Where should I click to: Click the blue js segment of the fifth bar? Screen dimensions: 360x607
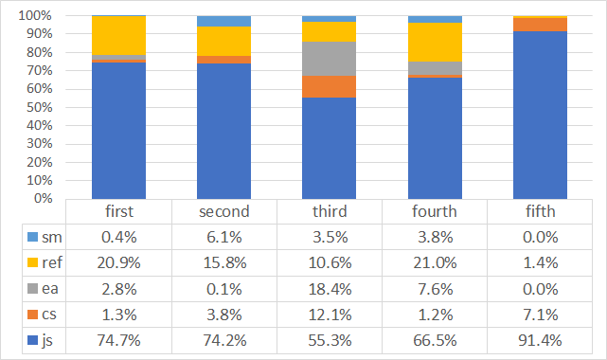coord(541,115)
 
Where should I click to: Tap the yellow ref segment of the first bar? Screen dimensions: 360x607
coord(118,36)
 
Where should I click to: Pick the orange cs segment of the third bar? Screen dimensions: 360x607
coord(330,86)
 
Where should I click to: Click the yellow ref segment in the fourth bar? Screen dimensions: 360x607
coord(435,42)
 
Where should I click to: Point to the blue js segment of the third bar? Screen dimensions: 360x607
coord(330,148)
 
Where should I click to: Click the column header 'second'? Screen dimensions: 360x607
coord(223,210)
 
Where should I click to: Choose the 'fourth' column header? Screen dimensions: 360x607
coord(435,210)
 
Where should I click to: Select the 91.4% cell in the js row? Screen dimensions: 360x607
coord(541,338)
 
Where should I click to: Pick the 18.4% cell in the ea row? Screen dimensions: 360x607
coord(330,287)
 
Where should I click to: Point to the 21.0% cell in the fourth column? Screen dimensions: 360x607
coord(435,261)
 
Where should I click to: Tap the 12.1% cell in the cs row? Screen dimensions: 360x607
coord(330,313)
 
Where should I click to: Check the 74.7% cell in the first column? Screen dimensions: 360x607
coord(118,338)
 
